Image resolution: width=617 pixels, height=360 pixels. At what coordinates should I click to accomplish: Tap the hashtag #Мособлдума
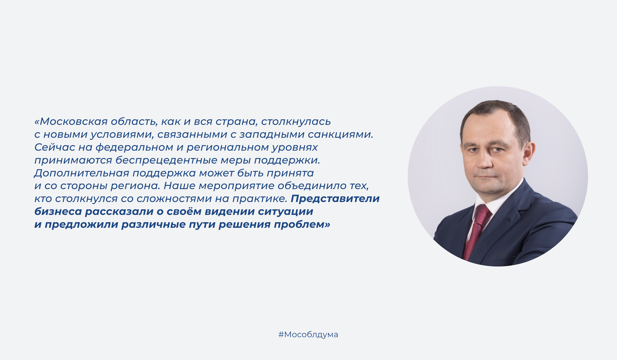[308, 334]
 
